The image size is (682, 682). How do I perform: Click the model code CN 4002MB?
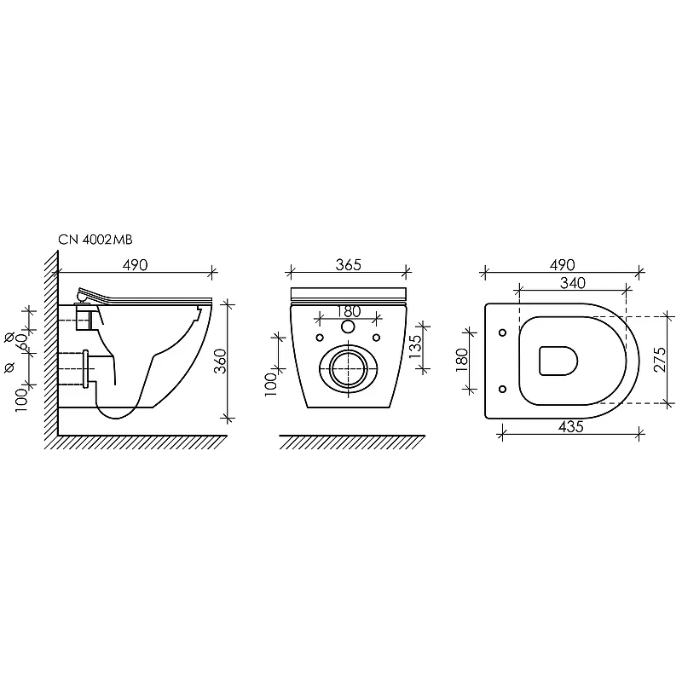[x=95, y=240]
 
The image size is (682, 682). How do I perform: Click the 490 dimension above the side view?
[x=135, y=264]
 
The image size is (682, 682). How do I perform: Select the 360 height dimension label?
[x=221, y=361]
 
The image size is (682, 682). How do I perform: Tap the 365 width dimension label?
[x=349, y=264]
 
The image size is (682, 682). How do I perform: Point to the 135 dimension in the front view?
[x=415, y=346]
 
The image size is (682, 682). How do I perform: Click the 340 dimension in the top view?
[x=572, y=283]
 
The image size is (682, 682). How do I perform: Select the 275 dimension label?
[x=659, y=359]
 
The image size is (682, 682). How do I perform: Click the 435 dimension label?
[x=570, y=427]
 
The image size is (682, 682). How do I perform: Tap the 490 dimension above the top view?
[x=562, y=264]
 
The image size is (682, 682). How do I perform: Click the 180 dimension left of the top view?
[x=462, y=360]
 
